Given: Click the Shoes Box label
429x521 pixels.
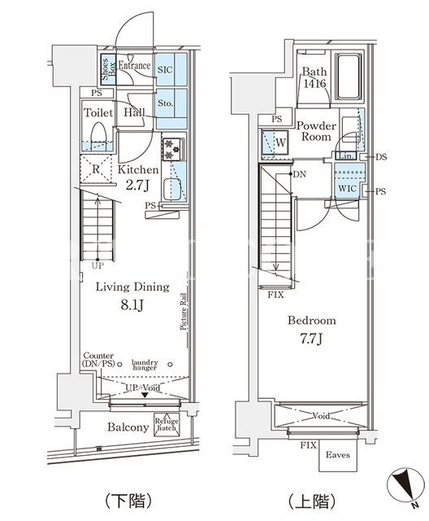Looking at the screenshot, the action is click(x=108, y=69).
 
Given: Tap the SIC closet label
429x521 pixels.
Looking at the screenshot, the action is click(x=165, y=70).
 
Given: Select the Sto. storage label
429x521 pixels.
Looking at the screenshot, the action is click(x=165, y=103).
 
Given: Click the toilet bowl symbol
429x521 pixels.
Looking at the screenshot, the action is click(x=98, y=134).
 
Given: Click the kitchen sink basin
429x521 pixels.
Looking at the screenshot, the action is click(x=172, y=189).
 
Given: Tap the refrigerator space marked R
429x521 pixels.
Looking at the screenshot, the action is click(x=96, y=169).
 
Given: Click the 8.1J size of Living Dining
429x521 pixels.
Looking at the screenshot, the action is click(x=132, y=305).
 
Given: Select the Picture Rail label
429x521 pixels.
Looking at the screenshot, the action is click(x=184, y=311).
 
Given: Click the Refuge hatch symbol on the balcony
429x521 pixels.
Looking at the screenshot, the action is click(x=167, y=425).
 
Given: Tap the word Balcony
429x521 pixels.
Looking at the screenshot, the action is click(x=128, y=427).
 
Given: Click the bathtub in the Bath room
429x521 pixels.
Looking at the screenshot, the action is click(x=348, y=76).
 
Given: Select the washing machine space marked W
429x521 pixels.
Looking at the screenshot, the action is click(x=275, y=143).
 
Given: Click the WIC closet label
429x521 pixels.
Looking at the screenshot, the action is click(x=348, y=189).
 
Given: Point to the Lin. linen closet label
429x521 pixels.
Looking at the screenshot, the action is click(x=345, y=155).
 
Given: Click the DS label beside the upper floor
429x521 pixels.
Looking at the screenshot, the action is click(x=382, y=156).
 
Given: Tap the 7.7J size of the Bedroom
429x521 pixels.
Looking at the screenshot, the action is click(x=311, y=339).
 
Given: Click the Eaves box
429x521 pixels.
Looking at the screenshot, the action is click(x=338, y=455).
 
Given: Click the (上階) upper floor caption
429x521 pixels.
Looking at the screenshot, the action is click(x=312, y=501).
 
